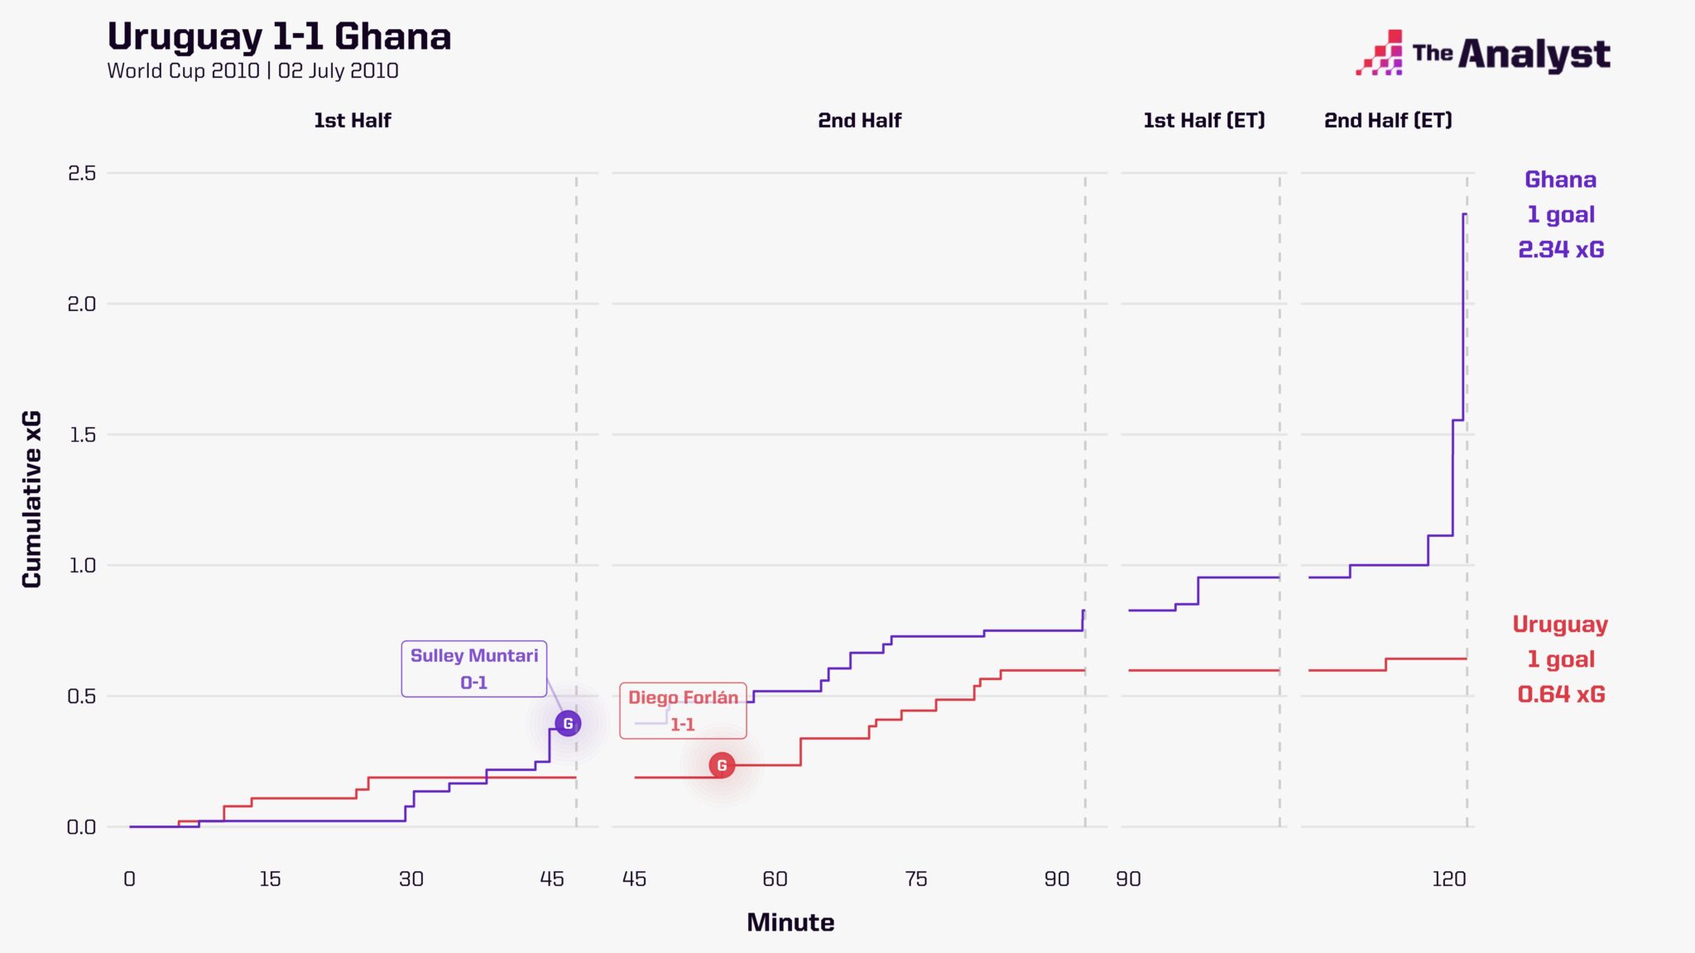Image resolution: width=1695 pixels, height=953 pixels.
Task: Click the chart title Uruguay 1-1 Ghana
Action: point(279,37)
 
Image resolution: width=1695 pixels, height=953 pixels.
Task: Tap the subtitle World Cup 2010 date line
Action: point(252,71)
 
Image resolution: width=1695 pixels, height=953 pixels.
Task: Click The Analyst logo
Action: point(1482,54)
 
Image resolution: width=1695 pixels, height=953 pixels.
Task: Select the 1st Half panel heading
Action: point(352,121)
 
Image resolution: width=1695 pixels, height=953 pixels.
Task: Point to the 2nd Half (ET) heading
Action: point(1388,121)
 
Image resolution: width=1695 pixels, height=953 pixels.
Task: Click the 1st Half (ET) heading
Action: point(1204,121)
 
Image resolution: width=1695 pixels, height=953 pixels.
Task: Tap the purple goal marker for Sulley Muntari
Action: point(568,723)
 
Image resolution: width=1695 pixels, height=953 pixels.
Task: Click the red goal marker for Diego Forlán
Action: point(722,765)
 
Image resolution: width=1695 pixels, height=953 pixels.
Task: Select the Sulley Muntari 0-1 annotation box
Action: point(473,668)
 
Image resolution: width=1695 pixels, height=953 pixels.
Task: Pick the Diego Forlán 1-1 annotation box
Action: point(683,711)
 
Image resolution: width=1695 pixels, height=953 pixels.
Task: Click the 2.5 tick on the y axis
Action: point(82,174)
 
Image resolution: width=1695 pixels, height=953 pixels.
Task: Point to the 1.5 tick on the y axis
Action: point(82,435)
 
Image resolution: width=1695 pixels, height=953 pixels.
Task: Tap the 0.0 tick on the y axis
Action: point(82,827)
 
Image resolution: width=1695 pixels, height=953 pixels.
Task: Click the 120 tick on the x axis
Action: point(1448,879)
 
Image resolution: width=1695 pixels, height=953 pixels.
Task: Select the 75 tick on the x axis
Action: point(915,879)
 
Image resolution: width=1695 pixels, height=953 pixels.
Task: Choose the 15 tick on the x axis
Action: point(270,879)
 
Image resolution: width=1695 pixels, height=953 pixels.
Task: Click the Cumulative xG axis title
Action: point(31,499)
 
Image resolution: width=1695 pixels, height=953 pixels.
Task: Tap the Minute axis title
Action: point(790,922)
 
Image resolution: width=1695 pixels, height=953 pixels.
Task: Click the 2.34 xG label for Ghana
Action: point(1561,249)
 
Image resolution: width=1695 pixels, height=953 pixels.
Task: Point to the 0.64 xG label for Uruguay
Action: point(1561,694)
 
